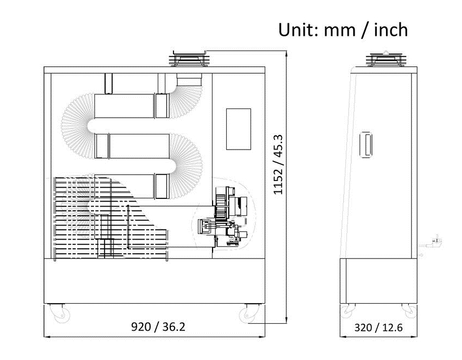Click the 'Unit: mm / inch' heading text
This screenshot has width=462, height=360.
coord(343,29)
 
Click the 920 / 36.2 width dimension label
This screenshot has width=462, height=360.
coord(158,327)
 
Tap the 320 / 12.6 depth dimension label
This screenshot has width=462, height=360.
coord(378,327)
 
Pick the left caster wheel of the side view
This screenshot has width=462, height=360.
coord(347,311)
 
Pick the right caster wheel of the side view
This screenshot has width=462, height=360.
coord(409,311)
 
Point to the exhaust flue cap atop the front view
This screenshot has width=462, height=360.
coord(189,59)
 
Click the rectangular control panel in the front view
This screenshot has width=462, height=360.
coord(238,129)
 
